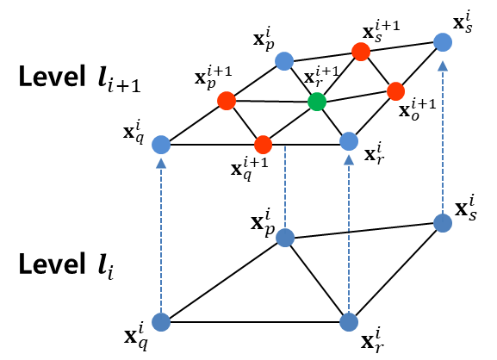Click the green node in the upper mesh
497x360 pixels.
(x=317, y=102)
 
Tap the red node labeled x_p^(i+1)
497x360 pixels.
(x=226, y=101)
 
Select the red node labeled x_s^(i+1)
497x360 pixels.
(x=361, y=52)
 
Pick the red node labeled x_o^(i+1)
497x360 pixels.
(x=395, y=90)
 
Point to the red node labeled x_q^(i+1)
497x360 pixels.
(x=264, y=144)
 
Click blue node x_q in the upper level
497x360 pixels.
(x=160, y=145)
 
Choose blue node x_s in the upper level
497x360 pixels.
(x=443, y=40)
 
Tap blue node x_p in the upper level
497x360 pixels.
(x=285, y=60)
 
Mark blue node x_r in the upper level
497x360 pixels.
(x=349, y=140)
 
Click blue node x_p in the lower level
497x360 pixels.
(x=285, y=237)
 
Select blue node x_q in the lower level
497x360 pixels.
(x=160, y=323)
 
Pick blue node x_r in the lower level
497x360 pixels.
(x=349, y=323)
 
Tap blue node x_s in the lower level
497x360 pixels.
(x=443, y=223)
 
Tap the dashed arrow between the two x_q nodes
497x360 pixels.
(x=160, y=233)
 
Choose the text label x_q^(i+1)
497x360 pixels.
(x=250, y=164)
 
